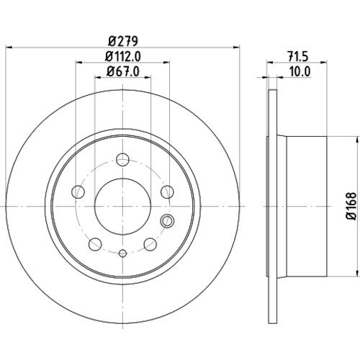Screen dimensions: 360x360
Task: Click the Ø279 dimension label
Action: (x=123, y=41)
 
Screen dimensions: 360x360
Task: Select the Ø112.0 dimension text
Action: (x=123, y=57)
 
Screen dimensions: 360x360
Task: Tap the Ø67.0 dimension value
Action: (x=123, y=71)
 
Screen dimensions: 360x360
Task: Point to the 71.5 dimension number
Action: (x=297, y=57)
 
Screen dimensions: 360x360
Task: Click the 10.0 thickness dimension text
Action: (x=300, y=71)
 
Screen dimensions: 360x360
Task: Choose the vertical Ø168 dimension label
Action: (x=351, y=206)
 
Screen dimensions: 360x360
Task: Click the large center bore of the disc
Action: (x=122, y=206)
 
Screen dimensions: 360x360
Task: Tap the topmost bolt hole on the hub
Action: (x=122, y=159)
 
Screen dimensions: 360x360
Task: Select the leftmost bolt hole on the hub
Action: (x=78, y=192)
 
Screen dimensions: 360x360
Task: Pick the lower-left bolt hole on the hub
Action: (x=95, y=244)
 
